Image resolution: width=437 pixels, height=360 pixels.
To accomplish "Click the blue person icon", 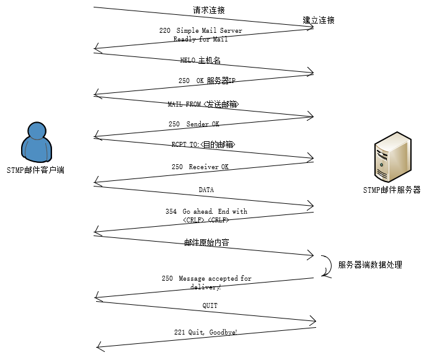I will click(35, 141).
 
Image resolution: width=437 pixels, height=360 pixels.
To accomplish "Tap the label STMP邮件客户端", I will click(35, 169).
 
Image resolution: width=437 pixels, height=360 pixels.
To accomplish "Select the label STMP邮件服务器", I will click(392, 190).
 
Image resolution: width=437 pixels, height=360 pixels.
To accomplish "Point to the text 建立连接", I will click(319, 20).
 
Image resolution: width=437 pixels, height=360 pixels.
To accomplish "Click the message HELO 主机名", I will click(200, 60).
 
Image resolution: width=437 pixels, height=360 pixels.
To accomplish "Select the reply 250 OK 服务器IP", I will click(207, 81).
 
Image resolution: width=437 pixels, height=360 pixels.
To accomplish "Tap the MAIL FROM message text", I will click(203, 104).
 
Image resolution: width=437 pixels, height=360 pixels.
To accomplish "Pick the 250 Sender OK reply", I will click(194, 124).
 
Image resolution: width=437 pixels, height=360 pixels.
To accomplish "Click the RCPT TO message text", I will click(203, 144).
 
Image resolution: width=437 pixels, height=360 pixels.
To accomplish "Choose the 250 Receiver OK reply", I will click(200, 166).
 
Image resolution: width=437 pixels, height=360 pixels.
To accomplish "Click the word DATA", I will click(206, 190).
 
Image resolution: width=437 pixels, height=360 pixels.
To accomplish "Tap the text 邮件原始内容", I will click(206, 242).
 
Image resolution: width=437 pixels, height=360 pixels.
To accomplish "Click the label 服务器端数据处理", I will click(370, 265).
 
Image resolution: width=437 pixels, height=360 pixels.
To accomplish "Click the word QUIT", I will click(210, 305).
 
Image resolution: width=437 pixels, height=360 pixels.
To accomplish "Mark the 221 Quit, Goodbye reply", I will click(206, 333).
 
